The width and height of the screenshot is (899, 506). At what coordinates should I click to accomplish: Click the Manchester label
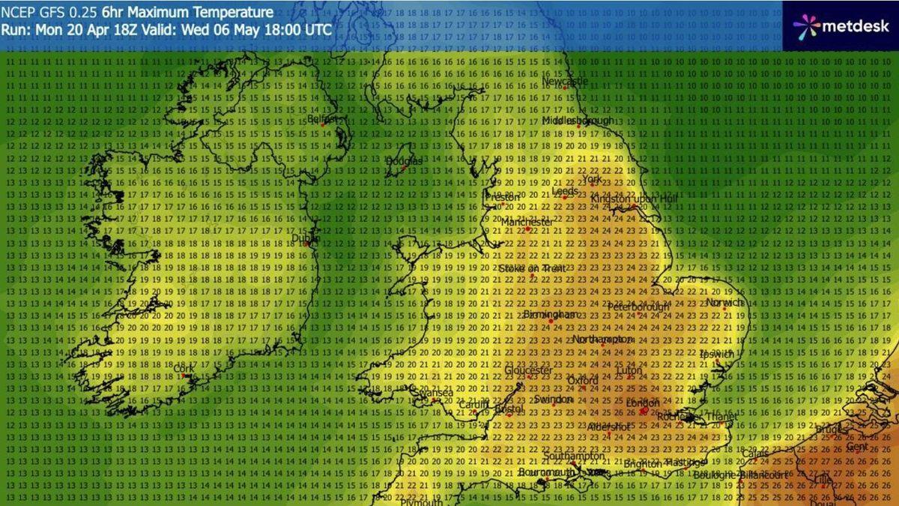tap(527, 223)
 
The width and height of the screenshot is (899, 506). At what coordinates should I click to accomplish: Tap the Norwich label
tap(724, 303)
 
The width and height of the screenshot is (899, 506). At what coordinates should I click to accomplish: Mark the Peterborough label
tap(638, 307)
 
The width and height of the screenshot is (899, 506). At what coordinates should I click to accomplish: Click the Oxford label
tap(582, 381)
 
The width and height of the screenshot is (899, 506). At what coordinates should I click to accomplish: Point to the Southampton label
tap(573, 456)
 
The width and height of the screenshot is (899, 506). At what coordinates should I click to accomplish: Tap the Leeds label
tap(564, 191)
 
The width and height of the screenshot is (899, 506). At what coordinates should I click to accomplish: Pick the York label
tap(592, 180)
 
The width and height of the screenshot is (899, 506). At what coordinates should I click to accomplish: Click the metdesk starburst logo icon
tap(806, 26)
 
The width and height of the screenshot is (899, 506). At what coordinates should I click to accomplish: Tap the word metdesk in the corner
tap(855, 26)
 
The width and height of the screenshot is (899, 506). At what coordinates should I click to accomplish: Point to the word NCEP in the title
tap(17, 13)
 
